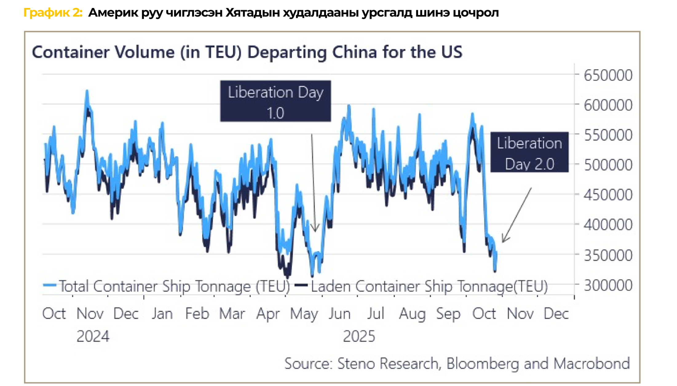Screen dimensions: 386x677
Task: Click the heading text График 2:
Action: coord(53,13)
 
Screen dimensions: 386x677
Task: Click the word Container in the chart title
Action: coord(71,52)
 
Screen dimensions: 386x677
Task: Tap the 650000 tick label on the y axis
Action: coord(608,75)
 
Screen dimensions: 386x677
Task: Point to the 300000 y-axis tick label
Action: coord(608,285)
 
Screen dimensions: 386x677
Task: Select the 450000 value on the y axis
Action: coord(608,195)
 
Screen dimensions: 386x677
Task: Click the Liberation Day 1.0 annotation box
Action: coord(275,101)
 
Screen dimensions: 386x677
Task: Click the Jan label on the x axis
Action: coord(162,314)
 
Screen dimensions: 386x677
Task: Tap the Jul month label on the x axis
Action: coord(376,314)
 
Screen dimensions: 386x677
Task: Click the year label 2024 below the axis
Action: coord(93,336)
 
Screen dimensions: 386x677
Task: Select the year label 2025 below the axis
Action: coord(359,336)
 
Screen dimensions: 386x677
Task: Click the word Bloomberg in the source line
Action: coord(483,364)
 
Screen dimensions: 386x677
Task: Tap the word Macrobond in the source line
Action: coord(592,364)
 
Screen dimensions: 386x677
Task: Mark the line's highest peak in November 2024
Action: coord(87,91)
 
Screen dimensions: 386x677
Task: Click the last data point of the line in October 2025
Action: coord(496,253)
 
